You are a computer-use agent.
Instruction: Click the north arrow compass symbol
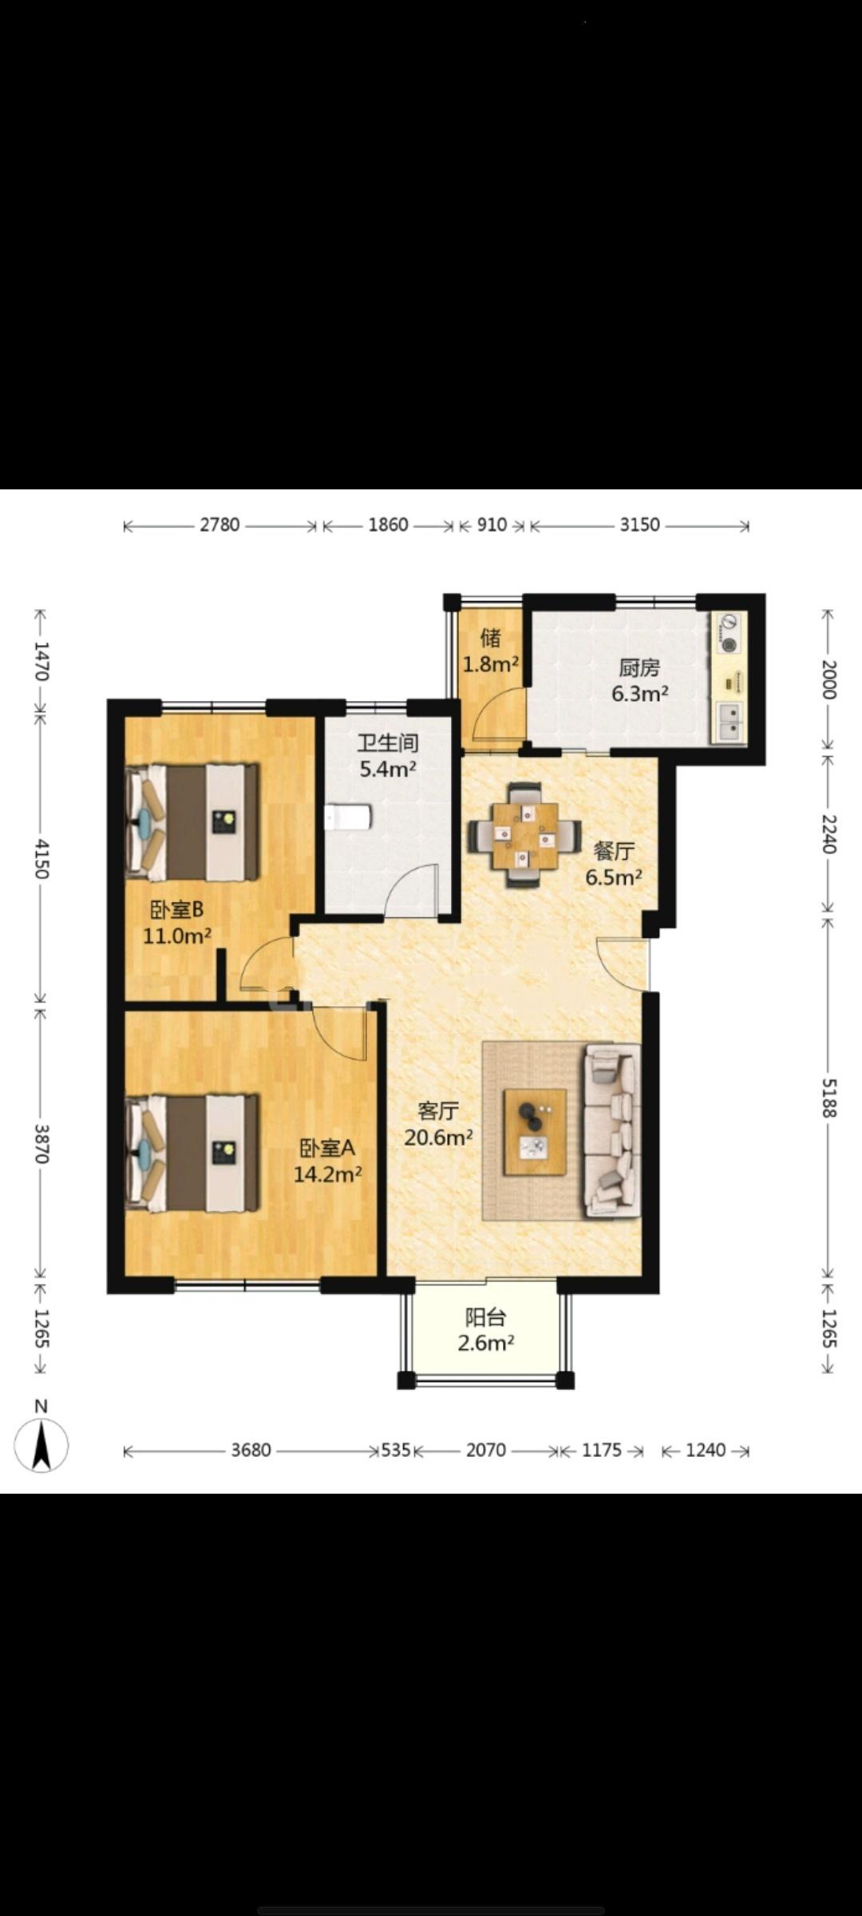[x=42, y=1444]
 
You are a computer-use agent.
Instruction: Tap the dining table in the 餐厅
[x=525, y=835]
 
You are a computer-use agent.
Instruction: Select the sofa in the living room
[x=612, y=1130]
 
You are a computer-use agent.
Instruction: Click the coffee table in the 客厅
[x=535, y=1131]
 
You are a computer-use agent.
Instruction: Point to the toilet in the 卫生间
[x=348, y=817]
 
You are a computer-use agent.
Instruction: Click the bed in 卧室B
[x=192, y=822]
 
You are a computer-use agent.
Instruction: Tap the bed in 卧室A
[x=192, y=1153]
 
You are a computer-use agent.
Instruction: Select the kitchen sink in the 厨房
[x=730, y=722]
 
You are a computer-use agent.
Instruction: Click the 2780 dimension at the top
[x=219, y=525]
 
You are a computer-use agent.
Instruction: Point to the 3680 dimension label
[x=251, y=1450]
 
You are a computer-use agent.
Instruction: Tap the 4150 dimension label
[x=42, y=858]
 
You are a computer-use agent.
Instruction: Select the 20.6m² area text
[x=438, y=1137]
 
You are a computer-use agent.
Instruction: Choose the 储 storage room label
[x=491, y=637]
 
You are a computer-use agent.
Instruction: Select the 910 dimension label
[x=492, y=525]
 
